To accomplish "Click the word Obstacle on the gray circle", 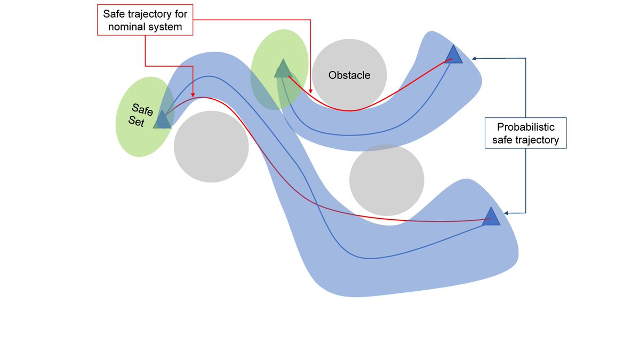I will [x=349, y=75].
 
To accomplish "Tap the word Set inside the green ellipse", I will [x=137, y=121].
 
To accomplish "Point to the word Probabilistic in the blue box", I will [x=525, y=127].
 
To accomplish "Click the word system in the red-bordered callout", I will [x=170, y=27].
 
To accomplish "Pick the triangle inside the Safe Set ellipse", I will [x=162, y=120].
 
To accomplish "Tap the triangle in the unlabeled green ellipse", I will [x=282, y=69].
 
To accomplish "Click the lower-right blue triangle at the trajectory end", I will [x=491, y=217].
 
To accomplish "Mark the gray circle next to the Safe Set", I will [x=211, y=147].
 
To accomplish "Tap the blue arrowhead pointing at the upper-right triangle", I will [x=474, y=58].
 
